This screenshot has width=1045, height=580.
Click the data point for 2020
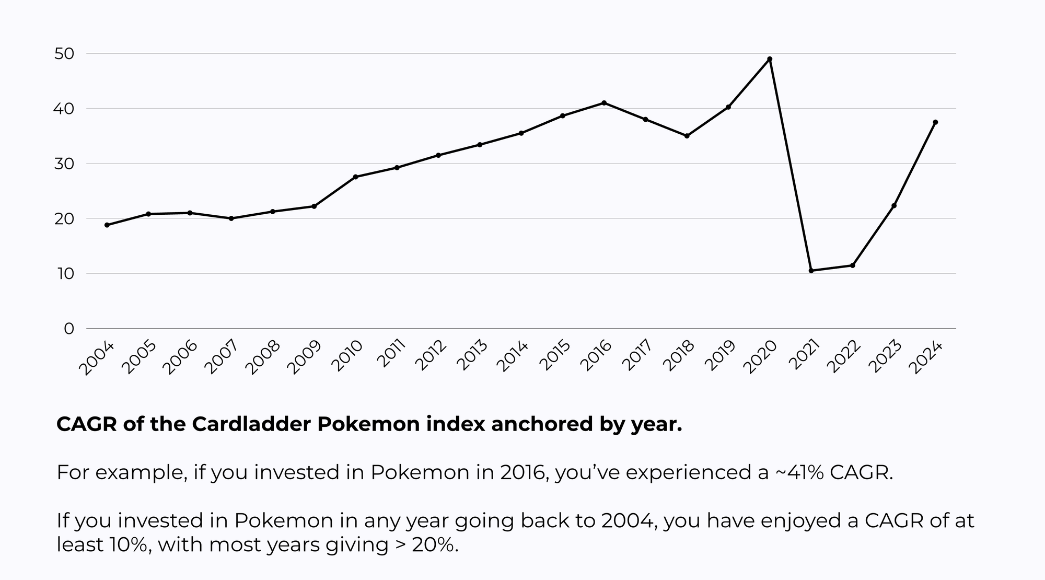[770, 59]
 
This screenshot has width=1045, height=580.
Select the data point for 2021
[811, 271]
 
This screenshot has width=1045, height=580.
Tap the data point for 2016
[604, 103]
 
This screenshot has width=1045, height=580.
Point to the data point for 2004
[107, 225]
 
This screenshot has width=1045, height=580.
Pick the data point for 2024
[935, 122]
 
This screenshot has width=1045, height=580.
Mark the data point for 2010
[355, 177]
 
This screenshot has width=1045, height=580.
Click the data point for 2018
[687, 136]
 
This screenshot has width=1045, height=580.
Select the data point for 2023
[894, 206]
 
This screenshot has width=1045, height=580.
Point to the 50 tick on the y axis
[64, 54]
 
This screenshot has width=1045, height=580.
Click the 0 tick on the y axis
[69, 329]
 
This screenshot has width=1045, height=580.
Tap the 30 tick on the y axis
[64, 164]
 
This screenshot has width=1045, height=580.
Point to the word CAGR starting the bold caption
[87, 424]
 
